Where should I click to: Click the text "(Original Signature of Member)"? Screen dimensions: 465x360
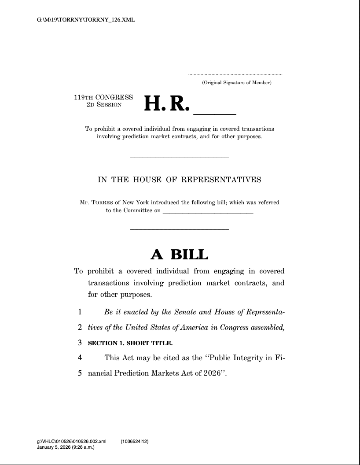click(237, 83)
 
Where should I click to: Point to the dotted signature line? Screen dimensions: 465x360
click(235, 74)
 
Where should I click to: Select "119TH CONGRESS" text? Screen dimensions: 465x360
click(103, 97)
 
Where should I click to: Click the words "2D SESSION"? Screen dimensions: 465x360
click(103, 104)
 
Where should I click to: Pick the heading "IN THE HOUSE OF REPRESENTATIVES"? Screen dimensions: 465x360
click(179, 180)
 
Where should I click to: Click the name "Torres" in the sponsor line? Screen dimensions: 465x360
click(103, 203)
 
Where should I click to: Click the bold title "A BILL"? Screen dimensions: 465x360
click(179, 254)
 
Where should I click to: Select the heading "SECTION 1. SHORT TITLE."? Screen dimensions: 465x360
click(130, 343)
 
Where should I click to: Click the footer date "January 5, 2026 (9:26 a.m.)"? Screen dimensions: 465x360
click(66, 447)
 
